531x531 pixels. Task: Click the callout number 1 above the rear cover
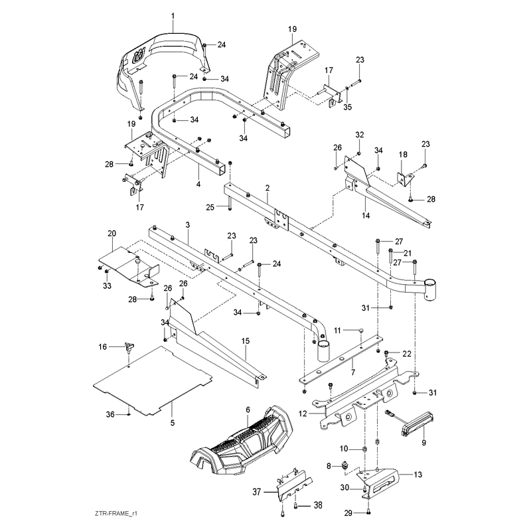[173, 16]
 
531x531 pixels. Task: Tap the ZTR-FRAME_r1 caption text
[115, 514]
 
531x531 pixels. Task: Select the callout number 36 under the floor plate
[110, 414]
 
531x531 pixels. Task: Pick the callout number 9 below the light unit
[423, 443]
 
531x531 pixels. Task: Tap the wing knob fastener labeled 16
[129, 347]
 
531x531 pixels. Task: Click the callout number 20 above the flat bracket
[112, 234]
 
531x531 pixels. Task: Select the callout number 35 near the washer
[348, 107]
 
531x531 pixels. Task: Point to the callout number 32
[360, 135]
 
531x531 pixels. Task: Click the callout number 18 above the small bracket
[403, 155]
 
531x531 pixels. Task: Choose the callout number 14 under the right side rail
[366, 215]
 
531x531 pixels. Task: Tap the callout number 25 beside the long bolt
[210, 207]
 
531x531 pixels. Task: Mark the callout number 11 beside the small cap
[337, 330]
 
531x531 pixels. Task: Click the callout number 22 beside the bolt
[407, 354]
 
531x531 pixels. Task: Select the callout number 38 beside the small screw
[318, 505]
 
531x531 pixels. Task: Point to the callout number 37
[257, 491]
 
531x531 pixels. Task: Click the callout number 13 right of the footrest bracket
[418, 475]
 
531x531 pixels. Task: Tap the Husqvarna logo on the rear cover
[139, 56]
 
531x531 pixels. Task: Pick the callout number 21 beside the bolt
[408, 253]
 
